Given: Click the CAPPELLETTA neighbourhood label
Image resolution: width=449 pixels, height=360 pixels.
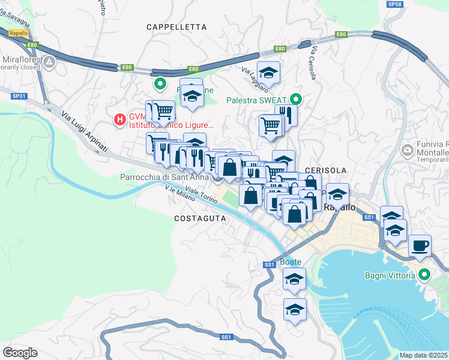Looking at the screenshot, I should (x=176, y=27).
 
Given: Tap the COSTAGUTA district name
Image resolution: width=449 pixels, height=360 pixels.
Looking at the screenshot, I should (x=200, y=219).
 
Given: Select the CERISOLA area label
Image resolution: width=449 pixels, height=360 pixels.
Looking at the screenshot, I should (x=327, y=170).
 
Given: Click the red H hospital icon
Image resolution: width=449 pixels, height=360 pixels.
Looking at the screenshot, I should (x=120, y=120).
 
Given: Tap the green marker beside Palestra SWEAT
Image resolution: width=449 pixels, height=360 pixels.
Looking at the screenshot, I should (x=295, y=100).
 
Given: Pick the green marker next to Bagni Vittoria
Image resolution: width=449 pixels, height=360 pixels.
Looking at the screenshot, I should (x=425, y=275).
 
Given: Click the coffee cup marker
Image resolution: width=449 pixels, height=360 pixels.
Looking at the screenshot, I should (x=420, y=245).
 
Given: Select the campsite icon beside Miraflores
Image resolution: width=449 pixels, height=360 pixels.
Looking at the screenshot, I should (x=49, y=61).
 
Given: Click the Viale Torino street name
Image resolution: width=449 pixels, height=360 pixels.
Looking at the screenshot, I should (x=200, y=193).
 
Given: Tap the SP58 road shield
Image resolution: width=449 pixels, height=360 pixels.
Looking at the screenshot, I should (x=394, y=4).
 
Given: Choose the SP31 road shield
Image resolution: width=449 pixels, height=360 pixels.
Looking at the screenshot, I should (x=19, y=96).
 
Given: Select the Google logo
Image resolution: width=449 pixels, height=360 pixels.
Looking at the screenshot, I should (x=20, y=352).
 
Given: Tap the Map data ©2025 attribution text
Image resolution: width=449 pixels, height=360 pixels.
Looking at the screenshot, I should (x=423, y=355).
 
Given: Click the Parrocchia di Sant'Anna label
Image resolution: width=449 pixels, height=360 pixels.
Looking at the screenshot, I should (x=163, y=177).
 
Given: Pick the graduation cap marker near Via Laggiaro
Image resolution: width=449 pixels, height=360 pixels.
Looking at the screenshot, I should (x=269, y=73).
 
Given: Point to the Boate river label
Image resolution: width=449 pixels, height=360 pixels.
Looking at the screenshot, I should (x=289, y=262).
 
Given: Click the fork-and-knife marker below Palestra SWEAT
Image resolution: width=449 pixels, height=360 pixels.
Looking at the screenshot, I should (x=286, y=115).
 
